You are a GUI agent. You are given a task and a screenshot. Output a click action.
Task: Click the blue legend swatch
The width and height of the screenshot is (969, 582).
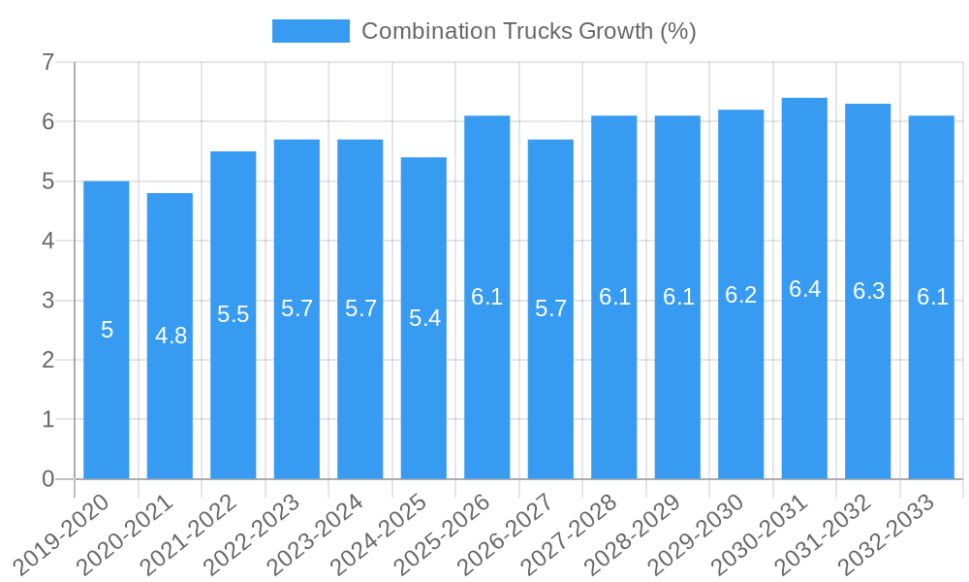coord(310,31)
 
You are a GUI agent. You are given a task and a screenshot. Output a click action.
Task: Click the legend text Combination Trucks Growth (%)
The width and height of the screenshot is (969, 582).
coord(528,31)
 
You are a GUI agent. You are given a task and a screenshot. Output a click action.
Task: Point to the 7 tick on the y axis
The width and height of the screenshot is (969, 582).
coord(47,62)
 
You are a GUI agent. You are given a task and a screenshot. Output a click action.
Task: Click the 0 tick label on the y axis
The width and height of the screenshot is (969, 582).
coord(47,479)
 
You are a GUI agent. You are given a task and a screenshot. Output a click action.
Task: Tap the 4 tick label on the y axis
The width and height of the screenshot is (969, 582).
coord(47,241)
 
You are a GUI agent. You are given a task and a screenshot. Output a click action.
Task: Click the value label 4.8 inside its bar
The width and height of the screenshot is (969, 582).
coord(171,336)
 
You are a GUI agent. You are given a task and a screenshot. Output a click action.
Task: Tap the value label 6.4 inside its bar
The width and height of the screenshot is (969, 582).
coord(804,289)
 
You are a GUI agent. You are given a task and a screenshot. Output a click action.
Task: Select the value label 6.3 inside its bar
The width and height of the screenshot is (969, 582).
coord(868,291)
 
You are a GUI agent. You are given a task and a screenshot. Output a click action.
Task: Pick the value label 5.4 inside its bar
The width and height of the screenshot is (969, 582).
coord(424,318)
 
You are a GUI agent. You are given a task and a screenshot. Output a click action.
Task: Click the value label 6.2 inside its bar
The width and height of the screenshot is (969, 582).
coord(741,295)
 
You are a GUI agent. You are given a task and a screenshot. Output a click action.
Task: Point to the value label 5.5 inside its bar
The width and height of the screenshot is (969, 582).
coord(234,314)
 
